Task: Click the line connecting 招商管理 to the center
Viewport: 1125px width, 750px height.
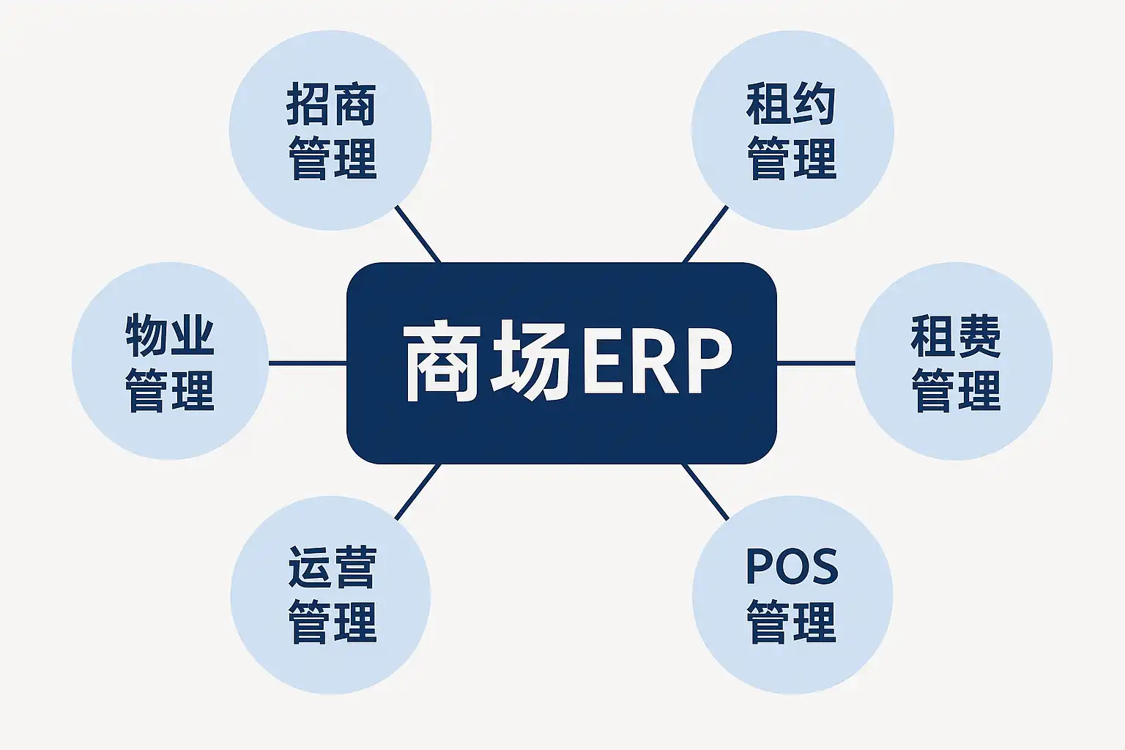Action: pos(417,234)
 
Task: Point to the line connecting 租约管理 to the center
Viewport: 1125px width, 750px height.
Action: pos(705,234)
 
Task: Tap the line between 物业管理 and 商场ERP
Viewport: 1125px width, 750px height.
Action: pos(308,363)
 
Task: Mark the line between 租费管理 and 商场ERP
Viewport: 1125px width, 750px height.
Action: pos(816,363)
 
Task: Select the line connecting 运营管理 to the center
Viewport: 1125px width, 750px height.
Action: pos(417,492)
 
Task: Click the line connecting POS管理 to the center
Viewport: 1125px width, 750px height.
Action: pos(705,492)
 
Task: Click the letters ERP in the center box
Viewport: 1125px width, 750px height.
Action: pos(656,361)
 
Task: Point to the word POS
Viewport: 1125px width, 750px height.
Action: pos(792,566)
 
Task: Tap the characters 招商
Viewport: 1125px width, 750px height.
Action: pos(331,105)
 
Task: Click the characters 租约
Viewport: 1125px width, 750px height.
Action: pos(792,105)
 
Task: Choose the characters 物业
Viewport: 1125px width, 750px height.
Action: pos(170,335)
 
